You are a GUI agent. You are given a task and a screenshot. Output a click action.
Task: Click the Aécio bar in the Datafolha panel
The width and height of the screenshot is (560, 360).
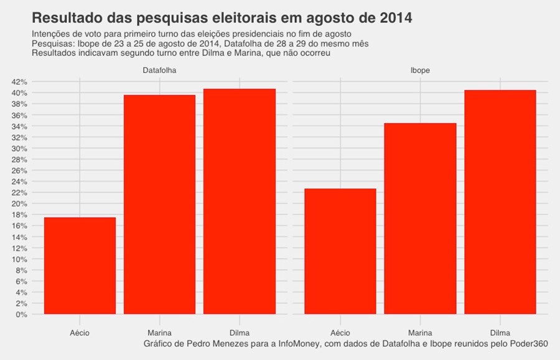[x=80, y=265]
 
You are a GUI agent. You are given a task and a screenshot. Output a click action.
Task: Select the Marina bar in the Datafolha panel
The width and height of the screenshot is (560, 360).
[x=159, y=205]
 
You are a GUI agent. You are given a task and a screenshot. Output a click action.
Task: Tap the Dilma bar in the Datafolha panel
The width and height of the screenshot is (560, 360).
[x=240, y=201]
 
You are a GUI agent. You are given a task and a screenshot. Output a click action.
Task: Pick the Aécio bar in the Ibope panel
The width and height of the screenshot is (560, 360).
[x=340, y=251]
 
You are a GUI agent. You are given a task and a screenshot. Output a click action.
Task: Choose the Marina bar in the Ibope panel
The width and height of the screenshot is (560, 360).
[x=420, y=218]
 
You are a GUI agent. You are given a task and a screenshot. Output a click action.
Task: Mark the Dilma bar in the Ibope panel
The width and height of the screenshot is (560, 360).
[x=500, y=202]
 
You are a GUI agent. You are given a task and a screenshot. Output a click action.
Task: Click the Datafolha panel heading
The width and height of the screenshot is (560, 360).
[x=159, y=71]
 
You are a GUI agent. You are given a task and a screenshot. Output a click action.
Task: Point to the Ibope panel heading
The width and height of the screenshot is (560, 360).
[x=420, y=71]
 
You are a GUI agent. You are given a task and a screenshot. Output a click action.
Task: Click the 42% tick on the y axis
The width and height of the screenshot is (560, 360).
[x=19, y=82]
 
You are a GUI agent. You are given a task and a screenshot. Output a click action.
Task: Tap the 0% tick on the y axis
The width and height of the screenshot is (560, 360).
[x=21, y=314]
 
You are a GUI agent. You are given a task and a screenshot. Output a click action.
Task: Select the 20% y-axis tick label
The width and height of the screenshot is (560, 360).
[x=19, y=204]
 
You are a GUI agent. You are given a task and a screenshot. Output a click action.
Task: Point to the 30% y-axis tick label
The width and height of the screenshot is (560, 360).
[x=19, y=149]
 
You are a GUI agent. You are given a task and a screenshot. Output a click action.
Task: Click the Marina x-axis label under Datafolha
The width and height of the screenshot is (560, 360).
[x=159, y=333]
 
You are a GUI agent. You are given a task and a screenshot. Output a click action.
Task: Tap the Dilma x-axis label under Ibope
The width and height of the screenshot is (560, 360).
[x=500, y=333]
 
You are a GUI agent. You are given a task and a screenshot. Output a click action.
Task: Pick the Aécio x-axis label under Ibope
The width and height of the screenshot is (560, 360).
[x=340, y=333]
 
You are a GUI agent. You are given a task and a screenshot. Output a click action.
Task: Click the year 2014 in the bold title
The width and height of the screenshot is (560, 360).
[x=391, y=18]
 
